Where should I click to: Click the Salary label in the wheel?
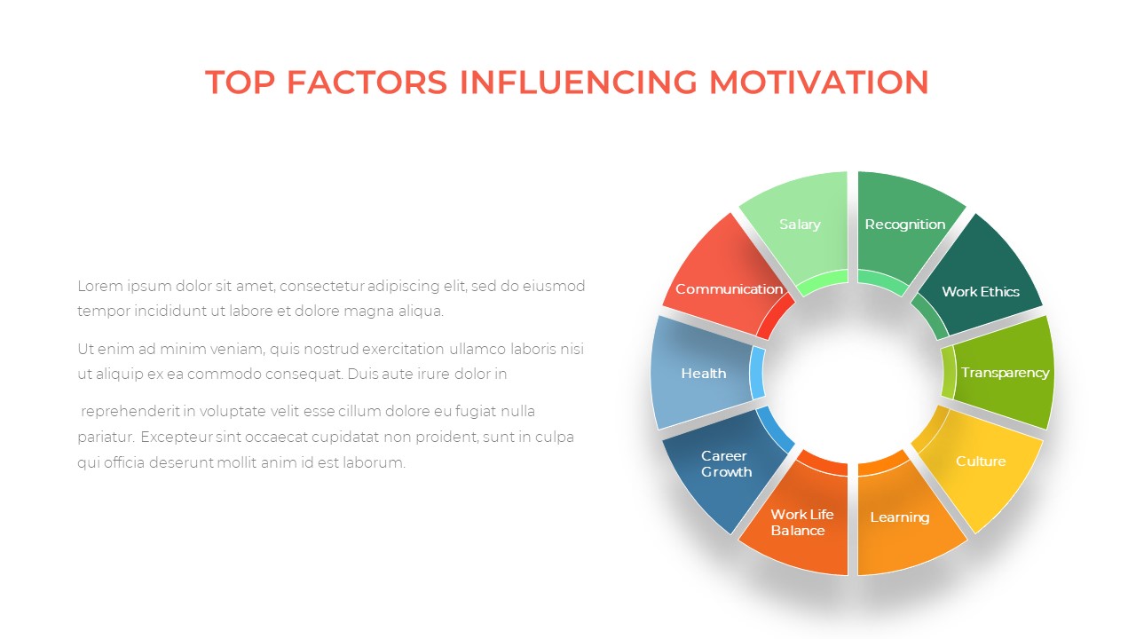pyautogui.click(x=800, y=225)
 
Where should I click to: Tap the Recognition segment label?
pyautogui.click(x=905, y=225)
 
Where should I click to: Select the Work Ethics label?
pyautogui.click(x=981, y=292)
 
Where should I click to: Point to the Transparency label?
pyautogui.click(x=1006, y=373)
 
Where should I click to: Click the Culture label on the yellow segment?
pyautogui.click(x=981, y=461)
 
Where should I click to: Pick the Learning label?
pyautogui.click(x=900, y=517)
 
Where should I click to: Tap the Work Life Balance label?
pyautogui.click(x=802, y=523)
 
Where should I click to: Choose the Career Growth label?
pyautogui.click(x=726, y=463)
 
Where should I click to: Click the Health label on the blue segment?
pyautogui.click(x=704, y=374)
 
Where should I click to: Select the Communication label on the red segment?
pyautogui.click(x=730, y=289)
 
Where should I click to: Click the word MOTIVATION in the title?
pyautogui.click(x=819, y=83)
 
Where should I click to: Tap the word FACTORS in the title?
pyautogui.click(x=367, y=83)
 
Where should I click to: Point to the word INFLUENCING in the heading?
pyautogui.click(x=578, y=83)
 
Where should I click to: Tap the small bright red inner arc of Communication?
pyautogui.click(x=775, y=319)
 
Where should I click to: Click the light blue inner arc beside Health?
pyautogui.click(x=758, y=374)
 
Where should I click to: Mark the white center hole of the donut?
pyautogui.click(x=853, y=374)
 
